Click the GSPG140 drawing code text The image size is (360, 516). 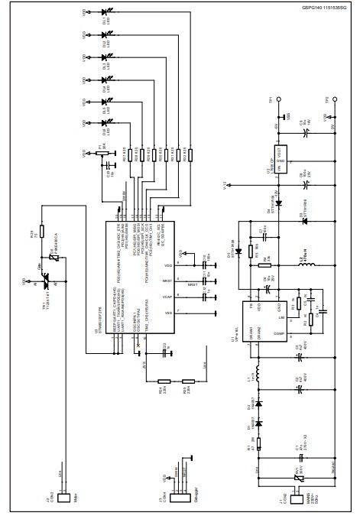coord(324,6)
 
